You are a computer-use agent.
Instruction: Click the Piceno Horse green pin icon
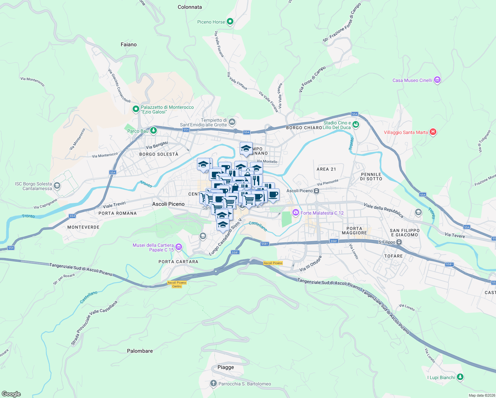click(230, 22)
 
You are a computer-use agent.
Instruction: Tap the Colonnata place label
click(190, 7)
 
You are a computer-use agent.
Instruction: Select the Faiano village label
click(129, 44)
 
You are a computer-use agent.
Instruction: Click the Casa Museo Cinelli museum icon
click(437, 80)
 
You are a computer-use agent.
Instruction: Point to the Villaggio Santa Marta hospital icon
click(433, 132)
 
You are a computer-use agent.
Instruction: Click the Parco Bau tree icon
click(153, 130)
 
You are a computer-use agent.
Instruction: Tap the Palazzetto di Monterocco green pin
click(136, 109)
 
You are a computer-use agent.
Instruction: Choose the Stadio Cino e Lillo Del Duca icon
click(356, 125)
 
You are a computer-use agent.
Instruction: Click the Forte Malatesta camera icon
click(295, 212)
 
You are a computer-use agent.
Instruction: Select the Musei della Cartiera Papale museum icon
click(179, 247)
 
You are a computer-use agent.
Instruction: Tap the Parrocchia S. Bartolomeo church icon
click(214, 383)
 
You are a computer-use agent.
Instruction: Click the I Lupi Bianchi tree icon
click(460, 377)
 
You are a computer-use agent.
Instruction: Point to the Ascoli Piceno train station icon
click(317, 191)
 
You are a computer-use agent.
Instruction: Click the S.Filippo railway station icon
click(399, 242)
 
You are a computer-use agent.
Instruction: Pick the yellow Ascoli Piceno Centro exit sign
click(177, 284)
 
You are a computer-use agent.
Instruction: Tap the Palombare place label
click(140, 351)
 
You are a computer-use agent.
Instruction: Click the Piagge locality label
click(226, 367)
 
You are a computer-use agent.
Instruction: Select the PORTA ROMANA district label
click(118, 213)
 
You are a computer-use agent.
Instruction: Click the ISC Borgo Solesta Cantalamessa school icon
click(57, 185)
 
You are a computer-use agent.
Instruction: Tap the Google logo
click(11, 394)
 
